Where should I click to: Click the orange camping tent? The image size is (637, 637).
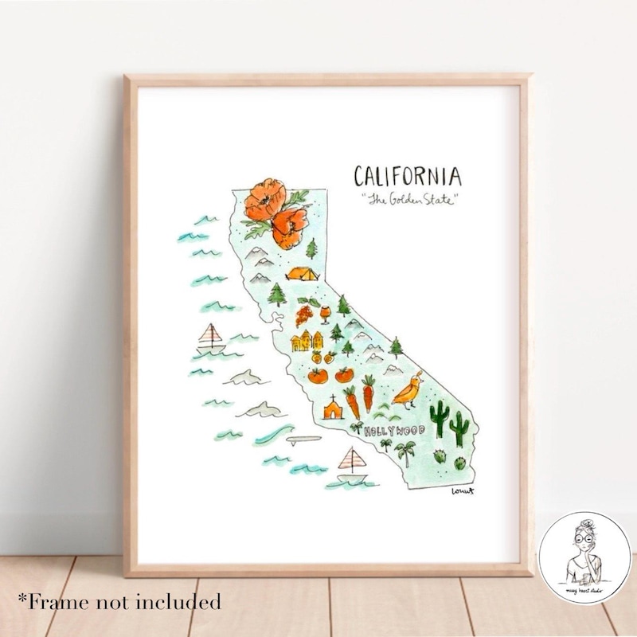[x=303, y=275]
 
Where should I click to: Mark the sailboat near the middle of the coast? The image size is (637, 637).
[x=211, y=339]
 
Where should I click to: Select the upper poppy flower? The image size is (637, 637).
[x=264, y=199]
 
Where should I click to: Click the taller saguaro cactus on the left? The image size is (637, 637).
[x=437, y=416]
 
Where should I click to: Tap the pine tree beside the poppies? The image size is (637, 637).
[x=311, y=248]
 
